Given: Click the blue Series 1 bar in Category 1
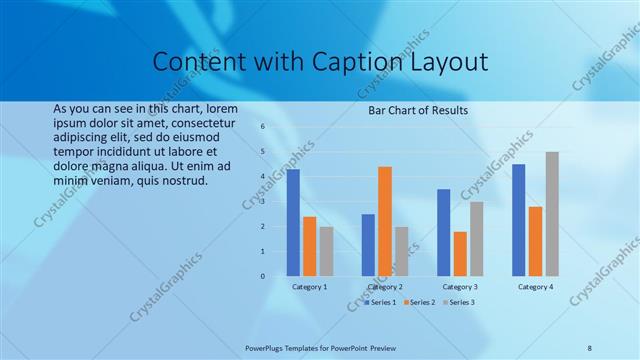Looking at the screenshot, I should click(x=293, y=223).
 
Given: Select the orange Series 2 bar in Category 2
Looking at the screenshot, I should click(x=385, y=221).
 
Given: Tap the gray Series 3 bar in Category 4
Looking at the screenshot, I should click(x=552, y=214).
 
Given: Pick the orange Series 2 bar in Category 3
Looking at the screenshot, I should click(x=460, y=254).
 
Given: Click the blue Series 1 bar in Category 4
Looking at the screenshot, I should click(x=518, y=220).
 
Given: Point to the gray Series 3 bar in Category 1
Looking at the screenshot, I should click(x=326, y=251).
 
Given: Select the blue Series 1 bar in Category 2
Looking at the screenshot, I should click(x=368, y=245).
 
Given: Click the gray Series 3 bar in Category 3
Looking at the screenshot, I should click(x=477, y=239).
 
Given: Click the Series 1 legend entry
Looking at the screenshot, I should click(x=380, y=301).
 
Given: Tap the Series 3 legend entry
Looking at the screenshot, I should click(x=459, y=301).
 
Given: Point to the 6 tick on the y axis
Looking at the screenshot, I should click(x=262, y=127).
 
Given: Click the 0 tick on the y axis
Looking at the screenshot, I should click(x=262, y=276).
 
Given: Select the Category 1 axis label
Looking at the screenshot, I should click(x=309, y=287).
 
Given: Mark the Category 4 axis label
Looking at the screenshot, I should click(x=535, y=287).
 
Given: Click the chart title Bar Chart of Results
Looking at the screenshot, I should click(x=418, y=110).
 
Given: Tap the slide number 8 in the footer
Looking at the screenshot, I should click(x=590, y=346).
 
